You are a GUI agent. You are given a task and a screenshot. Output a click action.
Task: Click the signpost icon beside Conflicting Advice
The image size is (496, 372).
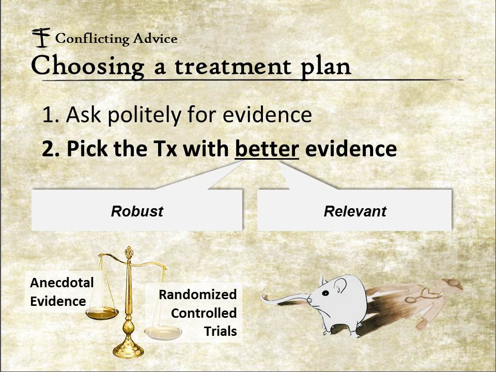click(41, 37)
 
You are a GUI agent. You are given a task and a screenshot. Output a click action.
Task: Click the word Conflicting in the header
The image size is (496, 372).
click(92, 39)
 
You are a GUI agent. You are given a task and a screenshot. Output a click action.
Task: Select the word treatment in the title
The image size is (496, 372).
click(233, 67)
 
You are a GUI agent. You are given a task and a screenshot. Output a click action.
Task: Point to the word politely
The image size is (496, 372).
click(144, 115)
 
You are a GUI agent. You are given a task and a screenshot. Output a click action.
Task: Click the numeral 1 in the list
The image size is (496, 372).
click(48, 115)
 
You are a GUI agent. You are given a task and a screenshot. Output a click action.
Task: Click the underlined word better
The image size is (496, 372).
click(267, 149)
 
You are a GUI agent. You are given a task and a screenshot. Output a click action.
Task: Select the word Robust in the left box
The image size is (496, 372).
click(137, 211)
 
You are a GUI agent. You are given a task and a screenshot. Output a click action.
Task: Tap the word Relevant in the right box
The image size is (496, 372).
click(355, 211)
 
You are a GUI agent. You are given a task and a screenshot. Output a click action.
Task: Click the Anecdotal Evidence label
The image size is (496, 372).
click(61, 291)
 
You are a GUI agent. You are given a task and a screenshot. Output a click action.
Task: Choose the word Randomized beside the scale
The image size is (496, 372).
click(198, 295)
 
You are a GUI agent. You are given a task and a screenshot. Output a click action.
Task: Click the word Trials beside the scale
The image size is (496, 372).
click(221, 331)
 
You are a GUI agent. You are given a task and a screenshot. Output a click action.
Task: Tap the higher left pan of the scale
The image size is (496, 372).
click(102, 313)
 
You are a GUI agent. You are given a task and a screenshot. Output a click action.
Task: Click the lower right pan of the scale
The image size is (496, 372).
click(163, 332)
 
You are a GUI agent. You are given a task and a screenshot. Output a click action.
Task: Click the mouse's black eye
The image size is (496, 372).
click(325, 293)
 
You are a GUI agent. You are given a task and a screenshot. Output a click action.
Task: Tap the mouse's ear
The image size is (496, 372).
click(340, 285)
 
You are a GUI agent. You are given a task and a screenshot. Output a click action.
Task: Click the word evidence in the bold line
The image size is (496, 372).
click(351, 149)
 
